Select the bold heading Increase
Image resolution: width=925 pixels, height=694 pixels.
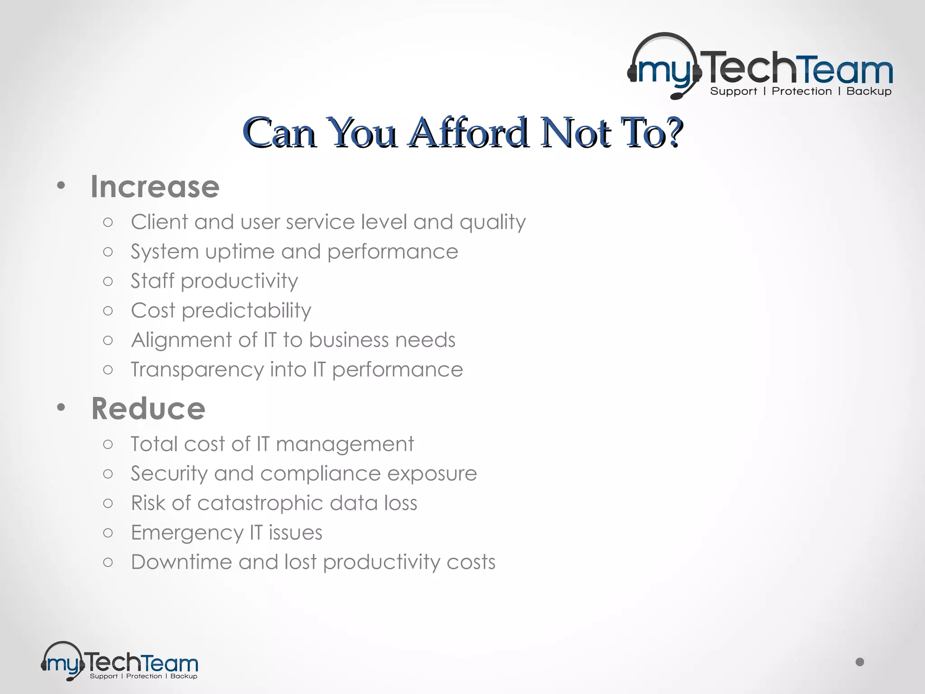[x=155, y=187]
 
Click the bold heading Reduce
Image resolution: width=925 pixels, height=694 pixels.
[x=148, y=408]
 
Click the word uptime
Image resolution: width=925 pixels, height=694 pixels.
[x=240, y=252]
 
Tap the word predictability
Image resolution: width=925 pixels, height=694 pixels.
[x=246, y=311]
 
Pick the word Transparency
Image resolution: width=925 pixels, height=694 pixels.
[x=197, y=370]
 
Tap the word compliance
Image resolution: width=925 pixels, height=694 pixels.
[x=320, y=474]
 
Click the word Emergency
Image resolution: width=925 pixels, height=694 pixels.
[x=187, y=533]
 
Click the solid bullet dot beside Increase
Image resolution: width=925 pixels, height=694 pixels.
[x=61, y=185]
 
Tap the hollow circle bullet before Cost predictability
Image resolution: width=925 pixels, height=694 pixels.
[x=108, y=310]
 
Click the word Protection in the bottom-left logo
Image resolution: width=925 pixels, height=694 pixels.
[x=144, y=676]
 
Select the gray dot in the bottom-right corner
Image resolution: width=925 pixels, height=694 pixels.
[x=860, y=662]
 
